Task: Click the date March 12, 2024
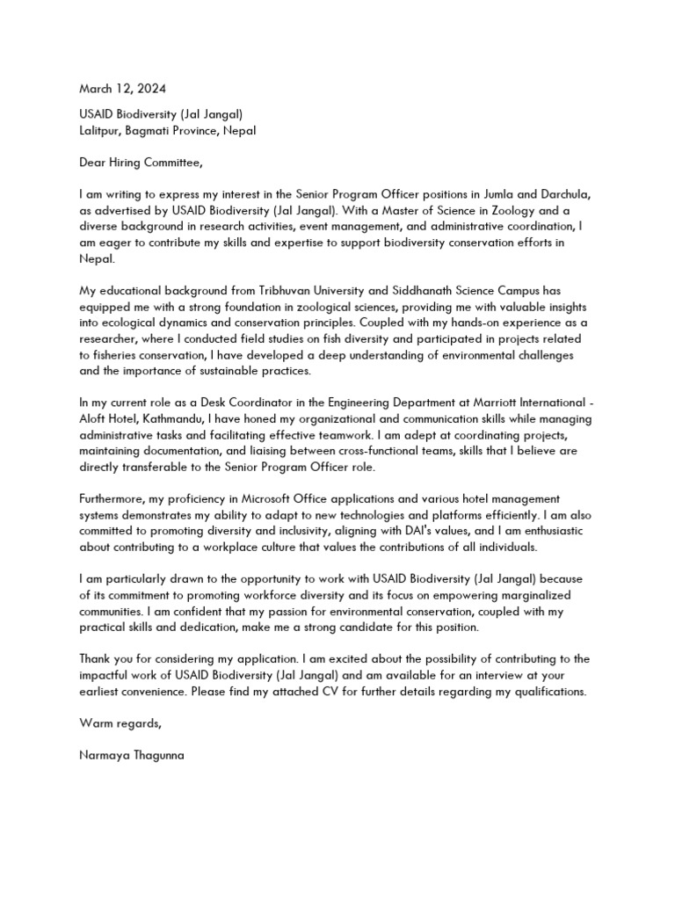(122, 89)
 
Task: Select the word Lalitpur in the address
(102, 130)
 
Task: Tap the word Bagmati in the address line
(158, 130)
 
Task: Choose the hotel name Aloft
(96, 419)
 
